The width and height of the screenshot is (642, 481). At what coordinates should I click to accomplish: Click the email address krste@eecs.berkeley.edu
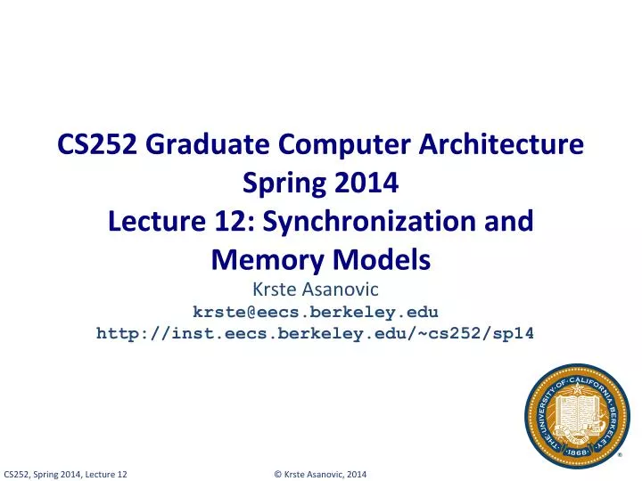pyautogui.click(x=316, y=311)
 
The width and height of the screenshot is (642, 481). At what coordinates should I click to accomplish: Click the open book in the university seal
pyautogui.click(x=578, y=411)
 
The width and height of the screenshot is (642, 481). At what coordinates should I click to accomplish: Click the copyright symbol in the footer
pyautogui.click(x=277, y=473)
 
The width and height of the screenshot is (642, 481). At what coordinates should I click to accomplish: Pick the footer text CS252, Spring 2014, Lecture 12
pyautogui.click(x=65, y=473)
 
